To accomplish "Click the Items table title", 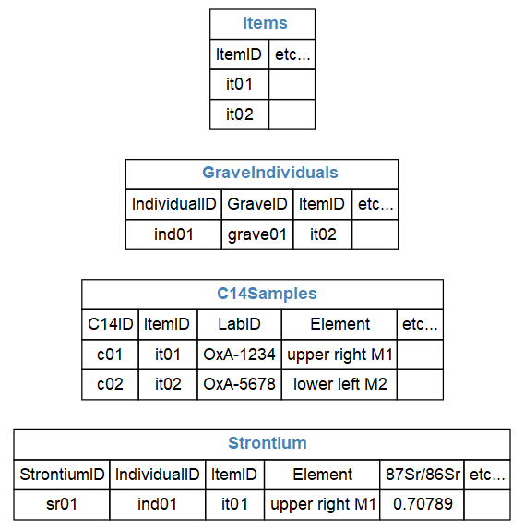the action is pos(265,23).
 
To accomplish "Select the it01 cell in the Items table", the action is pos(239,84).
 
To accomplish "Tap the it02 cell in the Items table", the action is pos(240,114).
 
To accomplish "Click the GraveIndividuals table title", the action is pos(270,173).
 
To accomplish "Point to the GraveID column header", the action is pos(257,204).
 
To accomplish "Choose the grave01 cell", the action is pos(257,234).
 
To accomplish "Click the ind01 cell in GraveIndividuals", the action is pos(173,234).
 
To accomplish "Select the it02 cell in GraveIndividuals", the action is pos(323,234).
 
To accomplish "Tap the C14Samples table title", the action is pos(267,294).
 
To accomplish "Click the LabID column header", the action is pos(240,324).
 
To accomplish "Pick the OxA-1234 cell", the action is pos(240,355).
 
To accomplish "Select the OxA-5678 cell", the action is pos(240,384).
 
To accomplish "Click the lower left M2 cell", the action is pos(339,384).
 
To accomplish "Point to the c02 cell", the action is pos(110,384).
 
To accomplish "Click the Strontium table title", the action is pos(268,443).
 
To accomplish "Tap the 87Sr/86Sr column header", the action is pos(423,475).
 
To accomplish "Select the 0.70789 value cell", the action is pos(423,504).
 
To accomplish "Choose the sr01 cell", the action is pos(62,504).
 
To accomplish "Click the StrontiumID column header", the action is pos(62,475).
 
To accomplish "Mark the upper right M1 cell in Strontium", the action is pos(323,504).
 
